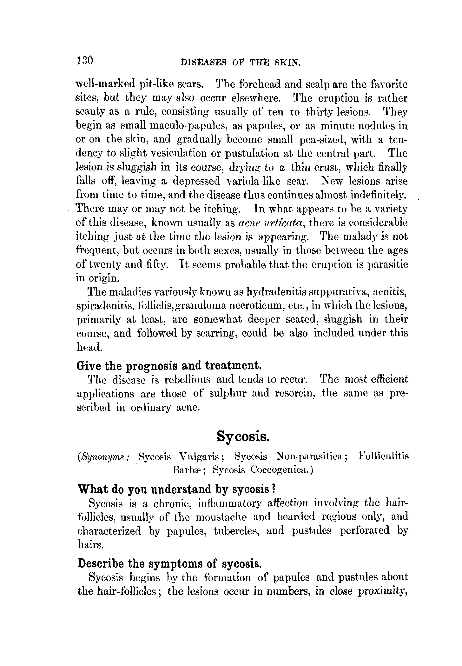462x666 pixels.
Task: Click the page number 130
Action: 84,60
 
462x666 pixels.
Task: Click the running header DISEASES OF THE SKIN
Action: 240,62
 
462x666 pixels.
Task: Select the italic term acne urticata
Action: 272,223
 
